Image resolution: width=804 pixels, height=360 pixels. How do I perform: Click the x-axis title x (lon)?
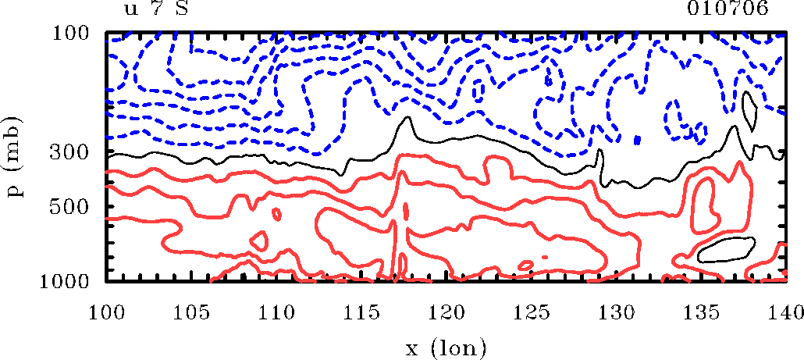(446, 344)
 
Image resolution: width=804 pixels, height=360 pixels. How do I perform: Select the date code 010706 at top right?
(728, 9)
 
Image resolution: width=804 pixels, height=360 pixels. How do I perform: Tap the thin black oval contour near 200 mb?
(749, 110)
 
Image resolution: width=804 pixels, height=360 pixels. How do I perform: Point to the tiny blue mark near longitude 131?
(638, 140)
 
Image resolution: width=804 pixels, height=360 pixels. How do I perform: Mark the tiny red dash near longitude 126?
(544, 256)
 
